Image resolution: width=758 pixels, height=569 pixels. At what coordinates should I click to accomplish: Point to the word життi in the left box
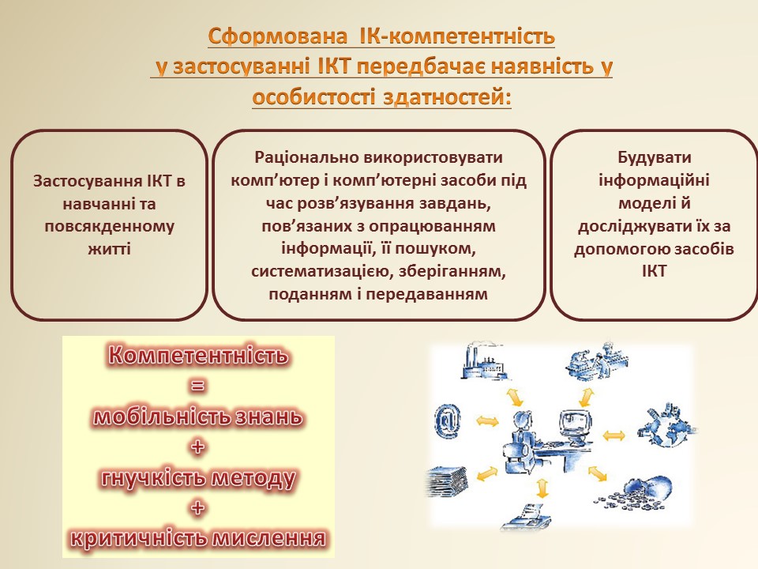pos(109,249)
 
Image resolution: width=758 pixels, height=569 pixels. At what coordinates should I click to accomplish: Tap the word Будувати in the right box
pos(654,157)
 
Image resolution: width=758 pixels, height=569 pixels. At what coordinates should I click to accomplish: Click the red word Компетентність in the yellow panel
pos(198,355)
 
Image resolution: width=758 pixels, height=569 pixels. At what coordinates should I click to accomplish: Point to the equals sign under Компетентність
pos(197,386)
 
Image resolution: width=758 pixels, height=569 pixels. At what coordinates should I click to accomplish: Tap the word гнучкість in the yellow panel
pos(154,478)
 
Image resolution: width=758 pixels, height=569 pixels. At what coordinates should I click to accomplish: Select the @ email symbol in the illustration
pos(448,419)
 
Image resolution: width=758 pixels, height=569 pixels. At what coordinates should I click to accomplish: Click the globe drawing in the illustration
pos(668,425)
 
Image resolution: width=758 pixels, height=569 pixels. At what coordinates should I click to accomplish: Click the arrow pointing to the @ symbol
pos(487,420)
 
